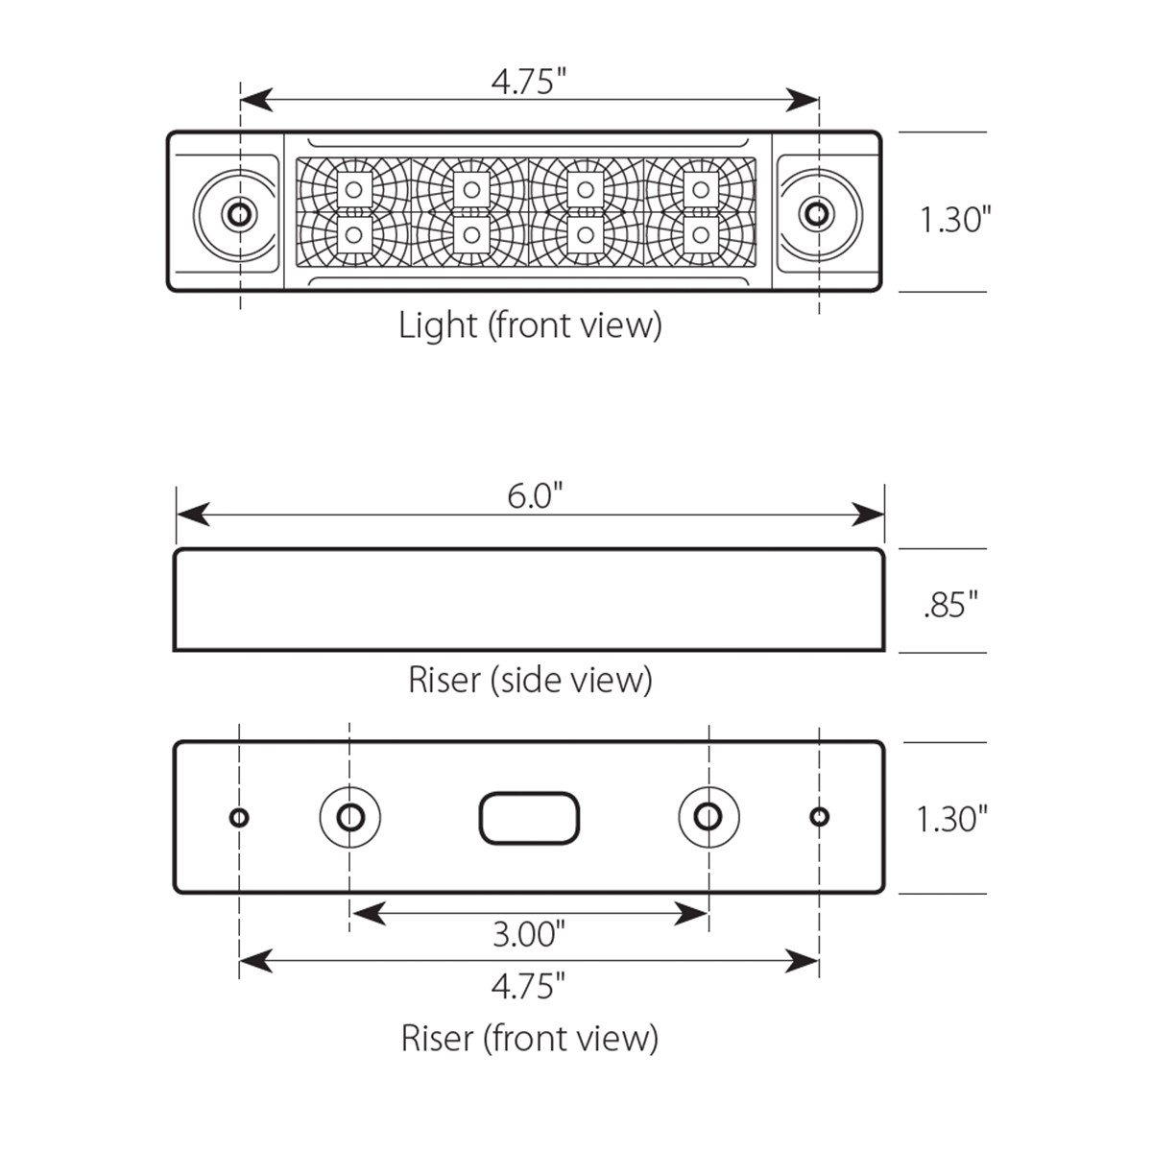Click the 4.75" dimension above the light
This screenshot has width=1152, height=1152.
pyautogui.click(x=523, y=82)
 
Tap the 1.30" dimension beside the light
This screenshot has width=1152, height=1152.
pyautogui.click(x=954, y=220)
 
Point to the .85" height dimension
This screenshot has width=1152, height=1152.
pyautogui.click(x=950, y=606)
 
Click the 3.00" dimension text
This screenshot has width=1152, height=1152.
pyautogui.click(x=528, y=933)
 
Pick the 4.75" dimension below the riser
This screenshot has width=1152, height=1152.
pyautogui.click(x=528, y=985)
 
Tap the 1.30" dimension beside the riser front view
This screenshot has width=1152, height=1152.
pyautogui.click(x=951, y=819)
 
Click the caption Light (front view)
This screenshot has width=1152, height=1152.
pyautogui.click(x=530, y=325)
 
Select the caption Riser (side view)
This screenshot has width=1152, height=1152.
pyautogui.click(x=530, y=680)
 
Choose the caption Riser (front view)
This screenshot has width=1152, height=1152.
pyautogui.click(x=530, y=1038)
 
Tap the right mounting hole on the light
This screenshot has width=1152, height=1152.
pyautogui.click(x=816, y=213)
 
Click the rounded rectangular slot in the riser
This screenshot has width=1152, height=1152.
pyautogui.click(x=529, y=819)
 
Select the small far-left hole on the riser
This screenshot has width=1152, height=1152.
pyautogui.click(x=239, y=817)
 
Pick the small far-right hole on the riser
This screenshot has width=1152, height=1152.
pyautogui.click(x=819, y=817)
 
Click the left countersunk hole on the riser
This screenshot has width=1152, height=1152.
pyautogui.click(x=350, y=817)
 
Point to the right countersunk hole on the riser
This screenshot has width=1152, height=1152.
pyautogui.click(x=708, y=817)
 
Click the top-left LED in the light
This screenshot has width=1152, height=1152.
pyautogui.click(x=354, y=189)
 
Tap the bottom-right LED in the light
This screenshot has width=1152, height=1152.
pyautogui.click(x=701, y=234)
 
